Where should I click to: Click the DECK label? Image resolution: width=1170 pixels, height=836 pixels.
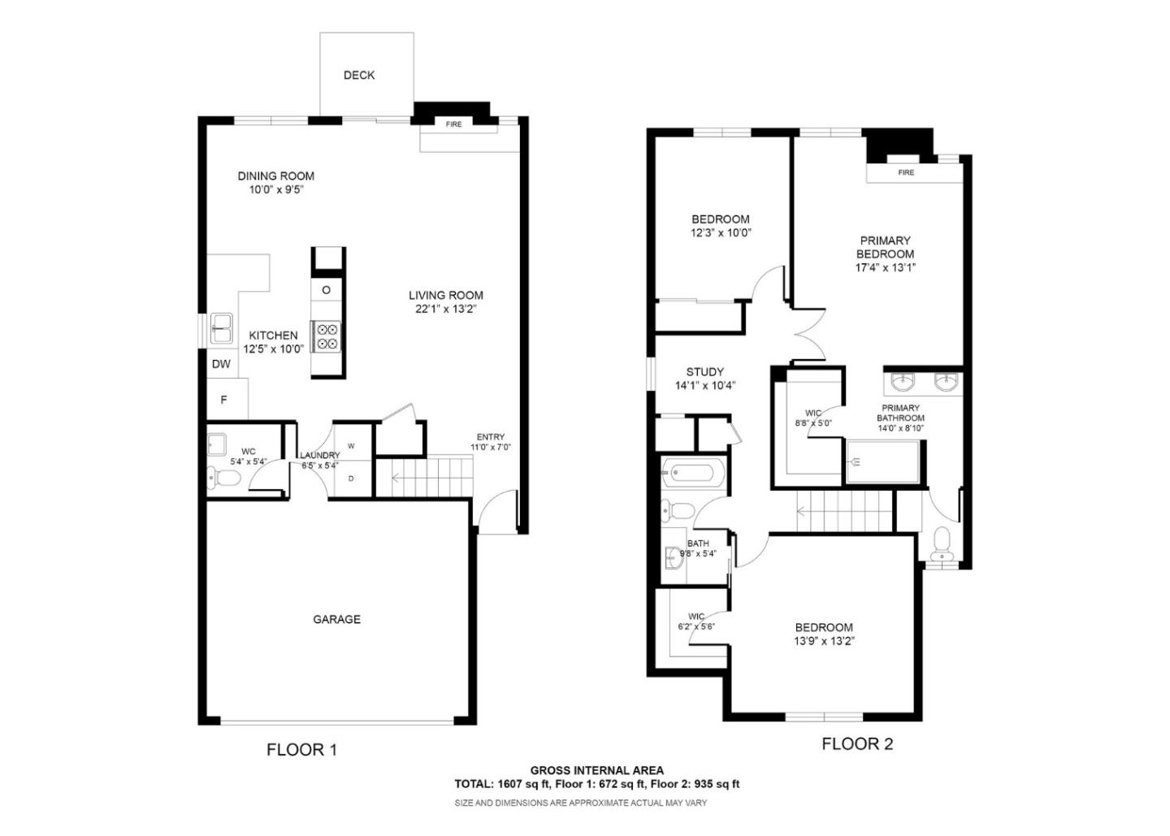358,75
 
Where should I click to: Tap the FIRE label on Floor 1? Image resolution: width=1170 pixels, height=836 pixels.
453,124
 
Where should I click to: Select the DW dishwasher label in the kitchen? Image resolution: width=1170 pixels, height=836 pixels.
221,365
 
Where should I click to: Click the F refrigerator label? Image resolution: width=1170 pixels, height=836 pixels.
223,400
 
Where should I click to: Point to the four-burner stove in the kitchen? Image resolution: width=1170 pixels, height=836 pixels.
327,336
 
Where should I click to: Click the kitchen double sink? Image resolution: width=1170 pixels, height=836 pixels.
221,329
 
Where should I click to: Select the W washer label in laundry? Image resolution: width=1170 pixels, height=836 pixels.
351,446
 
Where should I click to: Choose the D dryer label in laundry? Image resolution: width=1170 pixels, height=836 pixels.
351,479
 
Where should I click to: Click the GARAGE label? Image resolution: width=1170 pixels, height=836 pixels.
336,619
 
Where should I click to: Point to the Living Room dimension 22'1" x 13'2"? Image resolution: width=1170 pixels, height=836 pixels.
445,309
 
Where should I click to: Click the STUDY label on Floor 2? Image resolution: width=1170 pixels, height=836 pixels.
704,372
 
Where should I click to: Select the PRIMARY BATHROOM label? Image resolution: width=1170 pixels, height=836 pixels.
900,413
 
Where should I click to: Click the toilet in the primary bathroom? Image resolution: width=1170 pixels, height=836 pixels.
942,541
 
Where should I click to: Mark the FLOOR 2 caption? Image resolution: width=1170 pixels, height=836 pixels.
856,743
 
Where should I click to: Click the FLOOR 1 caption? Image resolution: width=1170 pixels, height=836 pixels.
301,750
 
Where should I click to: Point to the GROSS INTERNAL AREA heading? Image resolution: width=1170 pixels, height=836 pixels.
596,770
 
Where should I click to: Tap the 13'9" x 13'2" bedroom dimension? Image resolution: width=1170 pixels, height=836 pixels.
824,641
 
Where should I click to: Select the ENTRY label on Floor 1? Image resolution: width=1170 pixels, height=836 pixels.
490,437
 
